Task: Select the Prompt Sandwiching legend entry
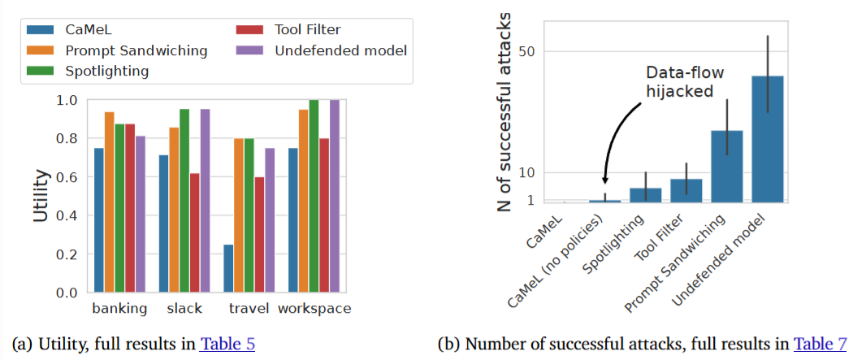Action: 131,50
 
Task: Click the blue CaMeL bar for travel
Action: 229,268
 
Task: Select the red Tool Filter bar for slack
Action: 194,232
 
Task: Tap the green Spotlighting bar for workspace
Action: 314,196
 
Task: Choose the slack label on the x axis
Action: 184,309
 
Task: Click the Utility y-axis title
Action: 41,196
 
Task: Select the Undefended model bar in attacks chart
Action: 768,139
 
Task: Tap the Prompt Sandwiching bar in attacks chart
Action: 727,166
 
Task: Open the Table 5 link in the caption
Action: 227,344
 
